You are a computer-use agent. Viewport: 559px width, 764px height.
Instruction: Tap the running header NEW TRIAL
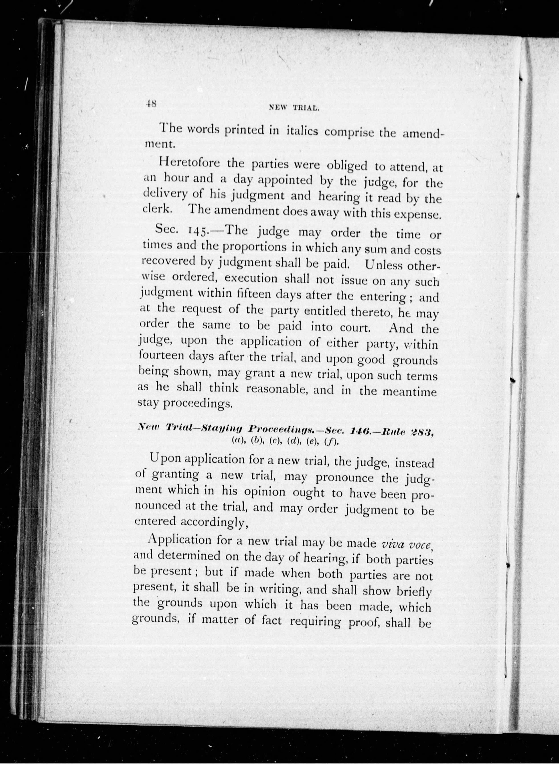294,108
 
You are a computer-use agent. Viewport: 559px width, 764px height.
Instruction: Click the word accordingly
214,522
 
